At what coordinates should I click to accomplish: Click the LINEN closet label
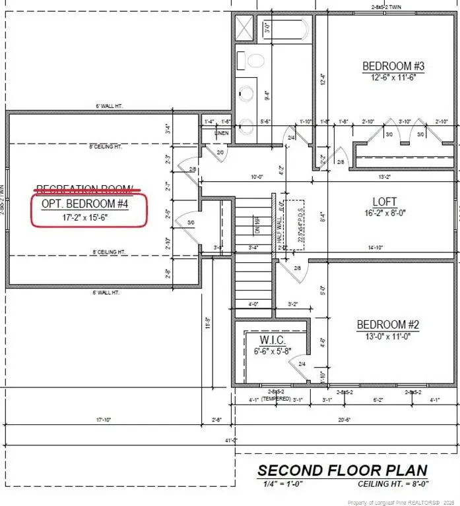[x=222, y=133]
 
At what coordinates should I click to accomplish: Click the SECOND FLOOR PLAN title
[x=342, y=470]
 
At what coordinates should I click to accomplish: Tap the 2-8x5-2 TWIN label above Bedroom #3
[x=392, y=8]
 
